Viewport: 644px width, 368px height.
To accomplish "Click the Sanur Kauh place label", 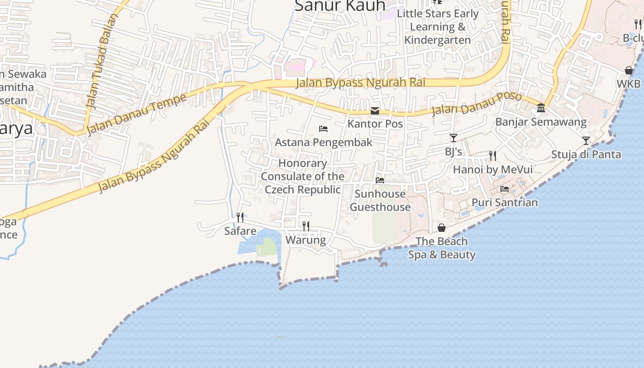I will pos(339,6).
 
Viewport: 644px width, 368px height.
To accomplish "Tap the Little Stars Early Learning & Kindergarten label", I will pos(437,27).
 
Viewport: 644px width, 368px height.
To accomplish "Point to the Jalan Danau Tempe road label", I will pos(136,114).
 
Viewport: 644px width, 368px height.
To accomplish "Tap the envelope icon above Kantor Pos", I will pos(375,111).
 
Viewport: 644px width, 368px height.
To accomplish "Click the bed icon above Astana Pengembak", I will pos(323,129).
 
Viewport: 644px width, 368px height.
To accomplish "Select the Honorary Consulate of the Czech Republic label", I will pos(303,176).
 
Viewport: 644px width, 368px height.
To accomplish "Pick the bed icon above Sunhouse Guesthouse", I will pos(380,180).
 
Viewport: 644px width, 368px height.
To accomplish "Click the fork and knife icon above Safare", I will pos(240,217).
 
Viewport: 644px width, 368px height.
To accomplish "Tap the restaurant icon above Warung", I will pos(305,226).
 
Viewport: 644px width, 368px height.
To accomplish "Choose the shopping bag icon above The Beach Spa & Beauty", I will pos(442,228).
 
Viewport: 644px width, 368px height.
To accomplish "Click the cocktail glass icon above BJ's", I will pos(454,138).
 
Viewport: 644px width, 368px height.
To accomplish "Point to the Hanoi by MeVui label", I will pos(493,170).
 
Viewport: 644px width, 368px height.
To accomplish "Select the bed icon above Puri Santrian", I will pos(505,189).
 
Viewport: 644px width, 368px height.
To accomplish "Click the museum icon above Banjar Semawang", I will pos(541,108).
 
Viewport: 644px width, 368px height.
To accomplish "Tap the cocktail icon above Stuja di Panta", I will pos(586,140).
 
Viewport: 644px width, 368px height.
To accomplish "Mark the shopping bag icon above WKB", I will pos(629,70).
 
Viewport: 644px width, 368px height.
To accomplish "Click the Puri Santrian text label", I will pos(505,202).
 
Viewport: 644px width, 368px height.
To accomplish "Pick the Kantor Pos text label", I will pos(375,124).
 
